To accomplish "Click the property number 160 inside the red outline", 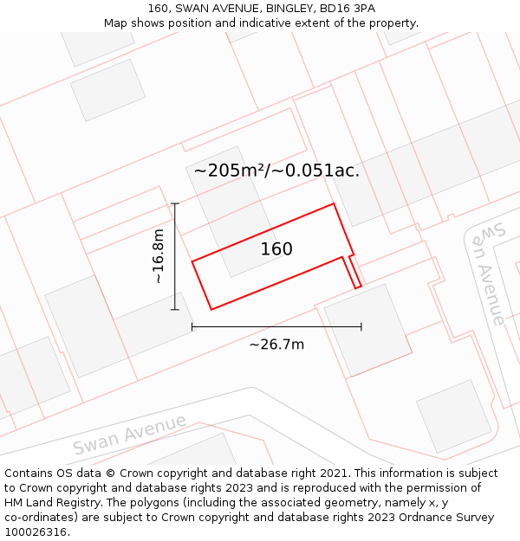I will pyautogui.click(x=276, y=249).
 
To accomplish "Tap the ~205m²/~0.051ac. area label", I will pyautogui.click(x=276, y=171).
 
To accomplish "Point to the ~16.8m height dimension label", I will pyautogui.click(x=159, y=256).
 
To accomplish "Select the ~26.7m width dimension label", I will pyautogui.click(x=276, y=345).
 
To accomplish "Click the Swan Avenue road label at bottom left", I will pyautogui.click(x=130, y=435).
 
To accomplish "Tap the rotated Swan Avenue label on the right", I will pyautogui.click(x=487, y=273).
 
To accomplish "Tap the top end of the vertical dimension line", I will pyautogui.click(x=175, y=203).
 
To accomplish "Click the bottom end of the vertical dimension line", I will pyautogui.click(x=175, y=309).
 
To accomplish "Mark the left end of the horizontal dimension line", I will pyautogui.click(x=192, y=326).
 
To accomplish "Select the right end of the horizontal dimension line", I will pyautogui.click(x=361, y=326).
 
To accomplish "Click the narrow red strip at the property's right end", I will pyautogui.click(x=353, y=272).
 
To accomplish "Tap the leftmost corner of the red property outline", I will pyautogui.click(x=192, y=261).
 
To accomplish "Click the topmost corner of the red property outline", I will pyautogui.click(x=334, y=204).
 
